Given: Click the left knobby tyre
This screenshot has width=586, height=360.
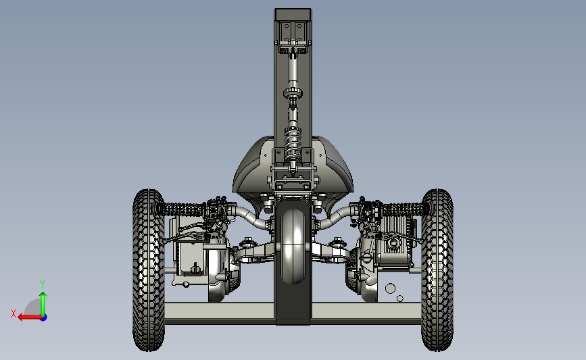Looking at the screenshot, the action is tap(149, 270).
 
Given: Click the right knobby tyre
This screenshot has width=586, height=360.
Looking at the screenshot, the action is tap(437, 270).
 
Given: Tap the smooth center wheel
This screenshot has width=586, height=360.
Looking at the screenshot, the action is tap(293, 247).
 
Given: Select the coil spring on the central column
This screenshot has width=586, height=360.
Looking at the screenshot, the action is tap(293, 144).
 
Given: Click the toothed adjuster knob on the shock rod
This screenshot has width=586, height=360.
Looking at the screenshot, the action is tap(293, 93).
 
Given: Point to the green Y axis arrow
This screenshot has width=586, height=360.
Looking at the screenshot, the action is tap(43, 305).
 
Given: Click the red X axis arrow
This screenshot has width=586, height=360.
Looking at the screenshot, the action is tap(30, 317).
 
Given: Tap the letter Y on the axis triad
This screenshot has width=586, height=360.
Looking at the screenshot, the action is tap(43, 284).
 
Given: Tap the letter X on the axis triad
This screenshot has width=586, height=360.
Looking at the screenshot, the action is tap(14, 313).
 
